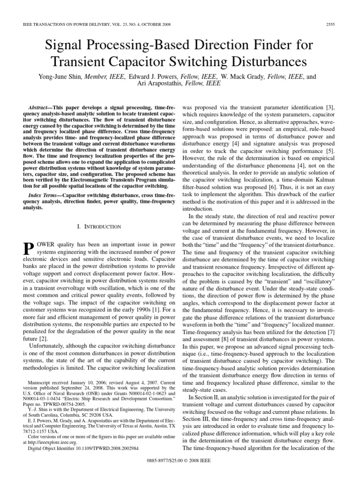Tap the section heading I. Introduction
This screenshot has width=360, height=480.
(98, 226)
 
